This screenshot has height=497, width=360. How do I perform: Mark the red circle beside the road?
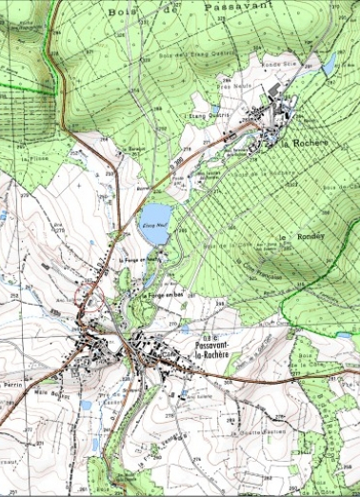(91, 293)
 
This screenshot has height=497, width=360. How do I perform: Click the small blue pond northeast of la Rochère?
(330, 67)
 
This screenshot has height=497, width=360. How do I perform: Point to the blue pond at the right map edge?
(344, 335)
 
